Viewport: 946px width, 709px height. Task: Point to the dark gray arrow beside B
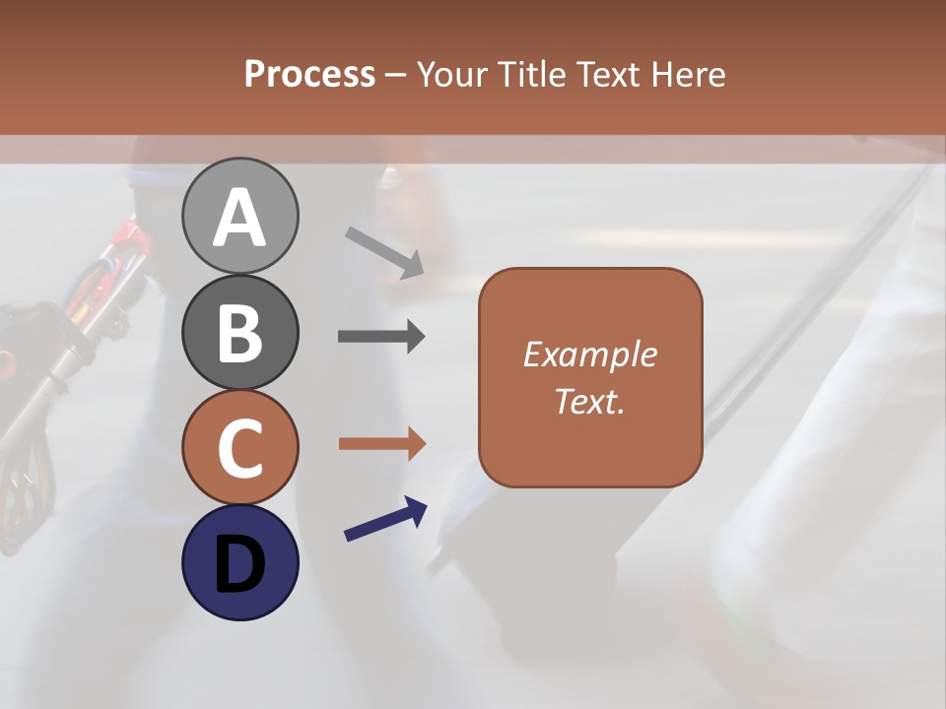coord(381,337)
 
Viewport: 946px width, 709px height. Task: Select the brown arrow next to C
coord(381,444)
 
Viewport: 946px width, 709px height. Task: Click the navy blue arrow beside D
coord(385,519)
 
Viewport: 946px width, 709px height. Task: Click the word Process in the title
coord(309,75)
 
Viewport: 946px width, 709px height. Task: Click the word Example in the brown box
coord(589,354)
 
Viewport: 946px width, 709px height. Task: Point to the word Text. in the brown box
coord(589,402)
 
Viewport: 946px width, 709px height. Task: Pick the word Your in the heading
coord(450,75)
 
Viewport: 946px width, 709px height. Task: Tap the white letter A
coord(239,219)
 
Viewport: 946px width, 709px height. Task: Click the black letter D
coord(239,563)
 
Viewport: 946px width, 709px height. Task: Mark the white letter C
coord(239,448)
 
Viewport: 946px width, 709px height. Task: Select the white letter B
coord(239,333)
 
